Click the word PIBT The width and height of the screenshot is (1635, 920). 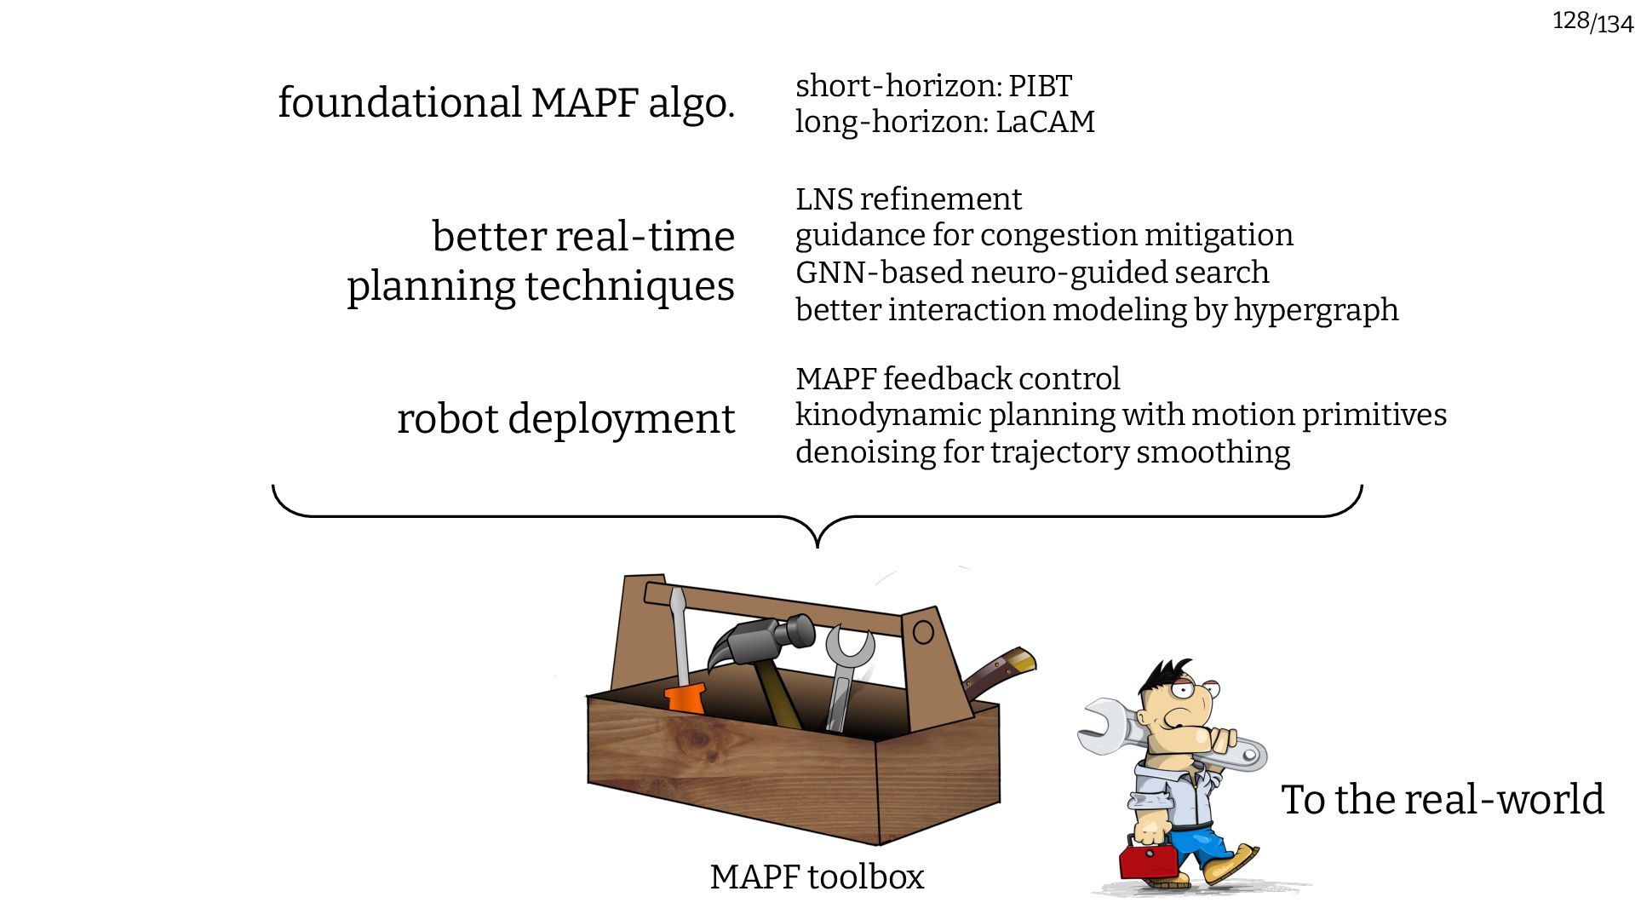coord(1040,86)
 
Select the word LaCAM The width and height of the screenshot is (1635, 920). coord(1045,122)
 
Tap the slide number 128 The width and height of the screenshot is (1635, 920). coord(1570,20)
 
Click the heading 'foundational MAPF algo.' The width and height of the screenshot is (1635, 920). coord(506,103)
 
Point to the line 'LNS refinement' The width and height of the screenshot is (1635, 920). coord(908,199)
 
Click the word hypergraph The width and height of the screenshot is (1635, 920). coord(1316,310)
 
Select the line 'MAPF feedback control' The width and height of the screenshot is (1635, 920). coord(957,379)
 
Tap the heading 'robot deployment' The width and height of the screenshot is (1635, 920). coord(565,419)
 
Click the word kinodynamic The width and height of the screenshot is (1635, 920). coord(886,416)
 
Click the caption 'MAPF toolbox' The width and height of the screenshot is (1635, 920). coord(817,877)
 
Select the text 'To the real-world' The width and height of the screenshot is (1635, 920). coord(1442,800)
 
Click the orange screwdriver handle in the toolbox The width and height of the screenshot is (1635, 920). coord(686,698)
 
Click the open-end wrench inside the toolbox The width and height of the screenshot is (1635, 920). coord(846,673)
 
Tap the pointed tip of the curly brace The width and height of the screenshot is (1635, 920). coord(817,544)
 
